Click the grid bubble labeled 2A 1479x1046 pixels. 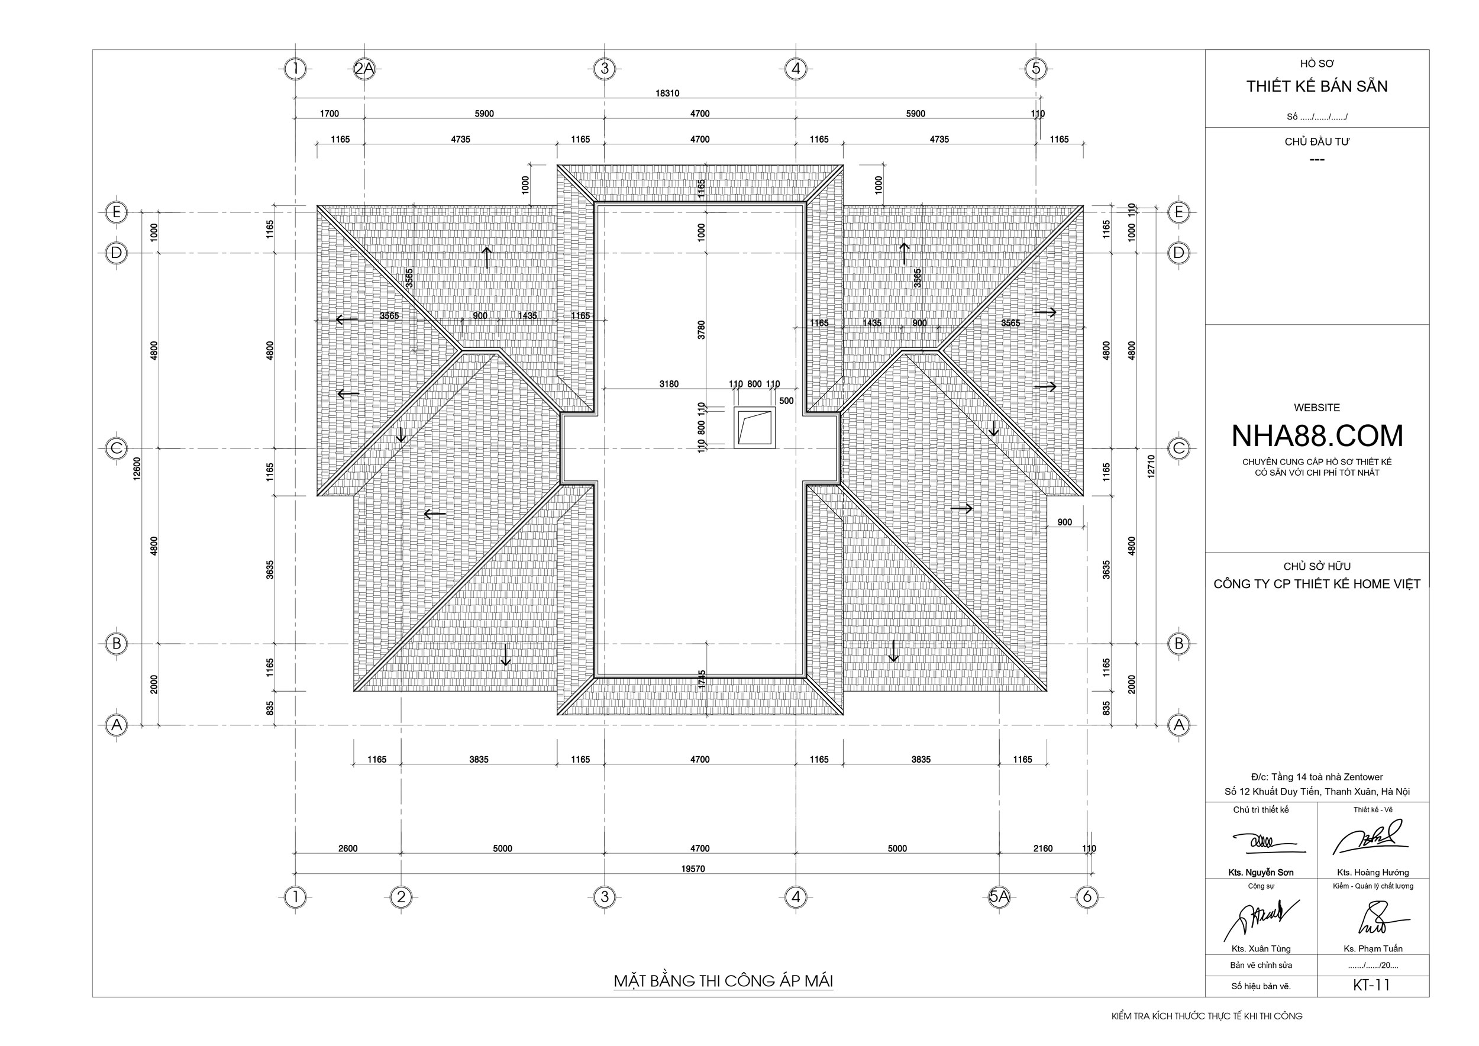(x=364, y=68)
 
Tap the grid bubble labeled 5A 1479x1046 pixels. (x=999, y=896)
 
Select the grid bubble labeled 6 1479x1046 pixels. (x=1087, y=896)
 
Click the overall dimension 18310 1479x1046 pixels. (x=667, y=93)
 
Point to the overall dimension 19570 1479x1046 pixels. (x=693, y=869)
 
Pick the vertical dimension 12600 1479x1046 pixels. (x=137, y=468)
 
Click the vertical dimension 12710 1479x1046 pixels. (x=1151, y=466)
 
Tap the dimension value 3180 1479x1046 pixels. (x=669, y=384)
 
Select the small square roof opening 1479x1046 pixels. (x=754, y=427)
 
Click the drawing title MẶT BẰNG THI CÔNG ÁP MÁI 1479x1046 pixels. (x=723, y=980)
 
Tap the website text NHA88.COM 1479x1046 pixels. (x=1317, y=436)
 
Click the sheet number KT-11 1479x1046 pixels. (x=1371, y=986)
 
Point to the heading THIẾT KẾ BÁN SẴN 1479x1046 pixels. (x=1317, y=86)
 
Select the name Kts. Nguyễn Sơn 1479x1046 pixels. (x=1261, y=873)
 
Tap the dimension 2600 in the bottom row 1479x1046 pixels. (x=348, y=848)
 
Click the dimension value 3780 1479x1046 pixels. (x=702, y=330)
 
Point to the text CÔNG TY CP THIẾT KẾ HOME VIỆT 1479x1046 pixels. (x=1317, y=584)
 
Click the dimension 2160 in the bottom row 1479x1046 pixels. (x=1043, y=848)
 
